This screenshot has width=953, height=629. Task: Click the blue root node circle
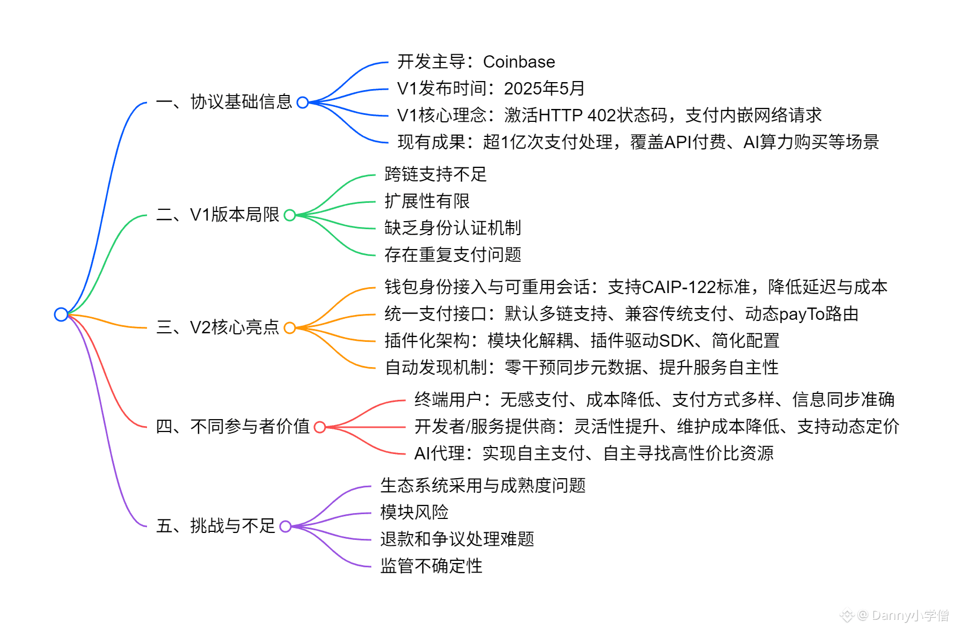[x=61, y=314]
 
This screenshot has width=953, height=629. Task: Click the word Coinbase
[x=519, y=62]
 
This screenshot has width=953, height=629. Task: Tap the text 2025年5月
[x=544, y=89]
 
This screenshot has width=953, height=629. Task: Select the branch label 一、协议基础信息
[x=224, y=102]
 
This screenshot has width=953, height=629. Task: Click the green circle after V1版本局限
[x=290, y=215]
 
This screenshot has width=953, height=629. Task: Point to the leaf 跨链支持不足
[x=435, y=174]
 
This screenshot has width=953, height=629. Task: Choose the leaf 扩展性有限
[x=427, y=201]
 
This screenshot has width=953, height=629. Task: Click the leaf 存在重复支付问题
[x=452, y=254]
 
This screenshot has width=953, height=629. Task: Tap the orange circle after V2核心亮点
[x=290, y=328]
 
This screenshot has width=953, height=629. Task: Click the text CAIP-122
[x=679, y=287]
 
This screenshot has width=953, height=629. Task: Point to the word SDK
[x=677, y=341]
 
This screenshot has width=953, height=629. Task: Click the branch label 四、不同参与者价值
[x=232, y=427]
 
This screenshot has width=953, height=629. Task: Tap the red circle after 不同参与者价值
[x=320, y=427]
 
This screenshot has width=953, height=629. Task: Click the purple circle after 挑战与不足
[x=285, y=526]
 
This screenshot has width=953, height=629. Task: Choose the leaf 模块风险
[x=414, y=512]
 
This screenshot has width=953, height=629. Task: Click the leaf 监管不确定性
[x=431, y=566]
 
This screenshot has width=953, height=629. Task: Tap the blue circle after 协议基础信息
[x=303, y=103]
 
